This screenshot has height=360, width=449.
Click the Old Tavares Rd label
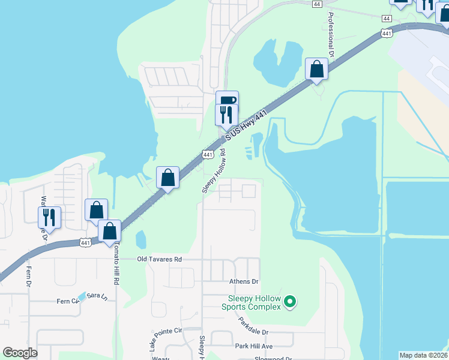click(159, 259)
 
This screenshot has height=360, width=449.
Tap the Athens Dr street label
click(243, 281)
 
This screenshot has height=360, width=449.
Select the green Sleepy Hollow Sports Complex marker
click(290, 301)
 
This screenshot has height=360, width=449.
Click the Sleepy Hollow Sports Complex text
click(254, 303)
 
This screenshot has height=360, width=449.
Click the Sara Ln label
click(97, 296)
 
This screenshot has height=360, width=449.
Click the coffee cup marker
click(227, 100)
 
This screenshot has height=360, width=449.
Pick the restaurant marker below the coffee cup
click(226, 114)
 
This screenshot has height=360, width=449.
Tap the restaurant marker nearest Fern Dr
click(49, 217)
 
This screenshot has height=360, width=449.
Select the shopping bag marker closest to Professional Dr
click(316, 69)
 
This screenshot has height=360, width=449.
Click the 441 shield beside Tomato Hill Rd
click(86, 242)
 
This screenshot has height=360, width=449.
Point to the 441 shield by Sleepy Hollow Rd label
click(208, 155)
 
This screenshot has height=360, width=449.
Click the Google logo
click(20, 353)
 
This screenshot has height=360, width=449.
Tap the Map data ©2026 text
click(423, 355)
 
